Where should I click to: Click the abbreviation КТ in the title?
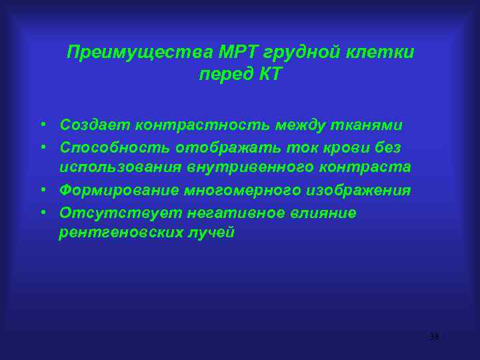[269, 74]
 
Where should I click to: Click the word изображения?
[359, 191]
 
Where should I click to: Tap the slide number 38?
[434, 336]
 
